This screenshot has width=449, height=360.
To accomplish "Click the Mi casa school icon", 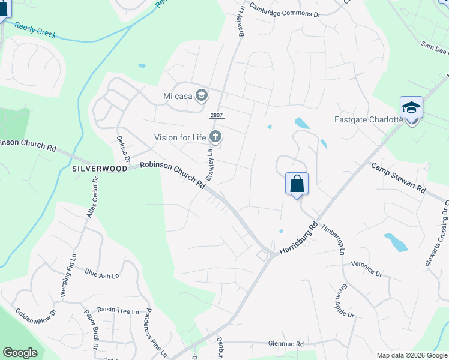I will click(x=202, y=95).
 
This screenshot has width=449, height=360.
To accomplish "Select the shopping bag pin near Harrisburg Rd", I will click(x=297, y=183).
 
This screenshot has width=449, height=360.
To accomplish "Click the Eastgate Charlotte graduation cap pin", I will click(x=411, y=108).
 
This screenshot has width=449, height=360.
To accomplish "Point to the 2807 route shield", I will click(x=216, y=115).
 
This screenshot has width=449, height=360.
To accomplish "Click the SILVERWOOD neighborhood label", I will click(x=100, y=169).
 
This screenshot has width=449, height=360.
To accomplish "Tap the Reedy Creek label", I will click(x=35, y=31).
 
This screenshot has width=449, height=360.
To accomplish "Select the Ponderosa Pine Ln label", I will click(x=154, y=333).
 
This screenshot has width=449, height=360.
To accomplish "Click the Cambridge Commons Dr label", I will click(x=285, y=11).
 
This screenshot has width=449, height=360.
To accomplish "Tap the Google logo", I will click(x=20, y=353).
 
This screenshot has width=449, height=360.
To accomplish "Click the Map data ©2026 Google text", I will click(x=411, y=355).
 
